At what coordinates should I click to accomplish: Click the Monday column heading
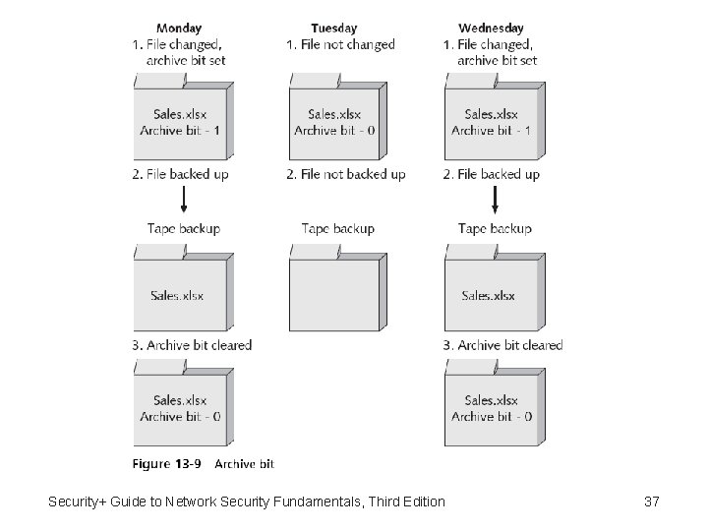tap(180, 29)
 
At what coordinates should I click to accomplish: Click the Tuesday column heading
tap(334, 29)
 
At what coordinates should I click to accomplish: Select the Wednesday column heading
tap(491, 29)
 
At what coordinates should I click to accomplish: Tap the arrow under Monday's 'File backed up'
tap(183, 202)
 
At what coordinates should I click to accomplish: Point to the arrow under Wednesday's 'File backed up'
tap(495, 202)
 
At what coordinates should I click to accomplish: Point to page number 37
tap(651, 502)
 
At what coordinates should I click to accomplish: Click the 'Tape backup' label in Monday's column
tap(184, 228)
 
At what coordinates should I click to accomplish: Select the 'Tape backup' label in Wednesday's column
tap(495, 228)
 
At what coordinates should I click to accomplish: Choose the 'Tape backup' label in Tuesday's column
tap(338, 228)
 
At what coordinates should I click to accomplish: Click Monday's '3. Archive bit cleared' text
tap(193, 345)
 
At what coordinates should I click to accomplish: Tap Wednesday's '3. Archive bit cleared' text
tap(503, 345)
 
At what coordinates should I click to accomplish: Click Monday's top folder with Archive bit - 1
tap(182, 122)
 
